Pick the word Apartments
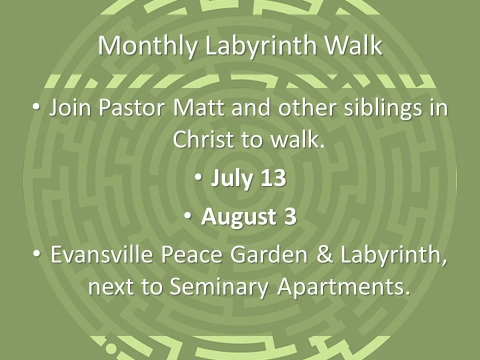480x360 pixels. tap(344, 286)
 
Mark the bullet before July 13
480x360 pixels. tap(199, 178)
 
